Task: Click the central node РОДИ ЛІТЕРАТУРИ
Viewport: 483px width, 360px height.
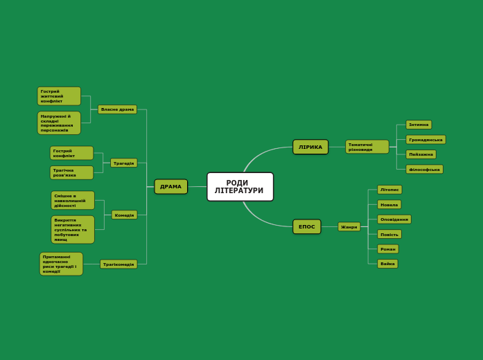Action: pyautogui.click(x=240, y=187)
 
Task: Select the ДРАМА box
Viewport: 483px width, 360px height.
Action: pyautogui.click(x=170, y=186)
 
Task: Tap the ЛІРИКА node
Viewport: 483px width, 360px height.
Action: pyautogui.click(x=310, y=147)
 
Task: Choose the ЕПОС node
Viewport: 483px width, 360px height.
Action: pyautogui.click(x=306, y=226)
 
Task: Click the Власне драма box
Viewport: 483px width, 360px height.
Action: pyautogui.click(x=117, y=109)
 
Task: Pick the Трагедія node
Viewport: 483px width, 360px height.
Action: pyautogui.click(x=124, y=163)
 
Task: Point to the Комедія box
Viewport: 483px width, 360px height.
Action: pyautogui.click(x=124, y=215)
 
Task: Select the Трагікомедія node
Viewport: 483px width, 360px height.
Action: pyautogui.click(x=118, y=264)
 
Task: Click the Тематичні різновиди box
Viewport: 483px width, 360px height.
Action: pyautogui.click(x=367, y=147)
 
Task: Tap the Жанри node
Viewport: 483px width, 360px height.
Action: pyautogui.click(x=349, y=226)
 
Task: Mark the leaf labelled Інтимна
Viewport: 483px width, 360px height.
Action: pyautogui.click(x=419, y=125)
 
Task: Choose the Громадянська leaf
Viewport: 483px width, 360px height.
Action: pyautogui.click(x=425, y=140)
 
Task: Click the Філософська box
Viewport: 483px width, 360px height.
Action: pyautogui.click(x=424, y=169)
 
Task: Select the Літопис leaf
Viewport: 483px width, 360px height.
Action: pyautogui.click(x=389, y=190)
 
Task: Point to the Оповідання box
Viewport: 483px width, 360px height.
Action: pyautogui.click(x=394, y=219)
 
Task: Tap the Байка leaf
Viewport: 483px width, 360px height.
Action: pyautogui.click(x=387, y=264)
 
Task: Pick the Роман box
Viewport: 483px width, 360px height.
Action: pyautogui.click(x=388, y=249)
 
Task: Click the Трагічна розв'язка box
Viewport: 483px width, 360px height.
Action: pyautogui.click(x=71, y=172)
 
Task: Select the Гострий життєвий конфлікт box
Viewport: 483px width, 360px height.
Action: pyautogui.click(x=59, y=96)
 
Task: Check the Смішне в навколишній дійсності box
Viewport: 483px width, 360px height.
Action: pyautogui.click(x=73, y=201)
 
